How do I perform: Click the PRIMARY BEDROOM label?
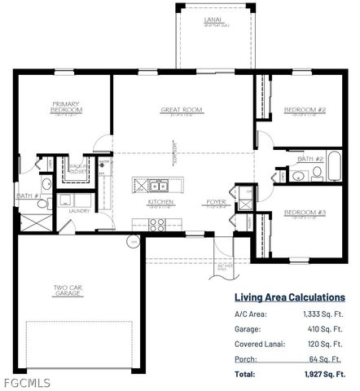click(64, 108)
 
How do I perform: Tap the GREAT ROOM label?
click(181, 109)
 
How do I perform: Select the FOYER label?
click(215, 201)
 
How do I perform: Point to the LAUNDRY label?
click(78, 210)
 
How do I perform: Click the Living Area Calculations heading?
click(289, 298)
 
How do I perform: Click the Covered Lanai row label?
click(260, 345)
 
